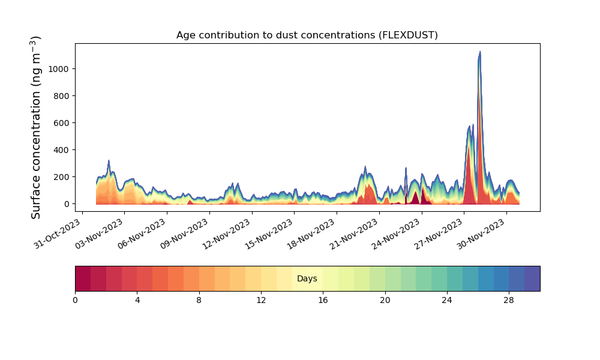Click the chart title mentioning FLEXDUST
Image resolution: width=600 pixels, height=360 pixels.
coord(307,35)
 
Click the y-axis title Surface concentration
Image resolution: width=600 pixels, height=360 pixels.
coord(35,127)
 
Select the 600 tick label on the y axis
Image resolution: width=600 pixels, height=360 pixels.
coord(61,123)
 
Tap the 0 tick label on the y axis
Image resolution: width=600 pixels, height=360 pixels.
coord(67,204)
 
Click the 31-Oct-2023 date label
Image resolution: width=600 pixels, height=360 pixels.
coord(58,234)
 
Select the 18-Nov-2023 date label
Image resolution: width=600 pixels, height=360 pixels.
coord(312,234)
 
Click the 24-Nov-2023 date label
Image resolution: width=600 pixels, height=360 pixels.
coord(397,234)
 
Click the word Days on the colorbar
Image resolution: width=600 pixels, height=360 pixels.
coord(307,278)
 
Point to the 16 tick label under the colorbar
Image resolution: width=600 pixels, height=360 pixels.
coord(323,301)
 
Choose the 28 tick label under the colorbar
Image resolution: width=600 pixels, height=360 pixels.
coord(509,301)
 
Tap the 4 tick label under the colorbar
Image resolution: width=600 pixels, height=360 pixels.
coord(137,301)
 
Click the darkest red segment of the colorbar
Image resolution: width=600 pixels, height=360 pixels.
coord(83,278)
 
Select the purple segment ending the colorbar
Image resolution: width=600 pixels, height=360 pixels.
coord(532,278)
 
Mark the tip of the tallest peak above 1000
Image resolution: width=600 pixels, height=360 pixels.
coord(480,51)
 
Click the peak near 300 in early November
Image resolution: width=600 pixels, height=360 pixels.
coord(109,160)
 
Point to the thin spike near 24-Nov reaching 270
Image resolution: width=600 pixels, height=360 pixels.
coord(406,167)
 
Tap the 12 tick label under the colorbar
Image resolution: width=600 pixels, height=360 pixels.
coord(261,301)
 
